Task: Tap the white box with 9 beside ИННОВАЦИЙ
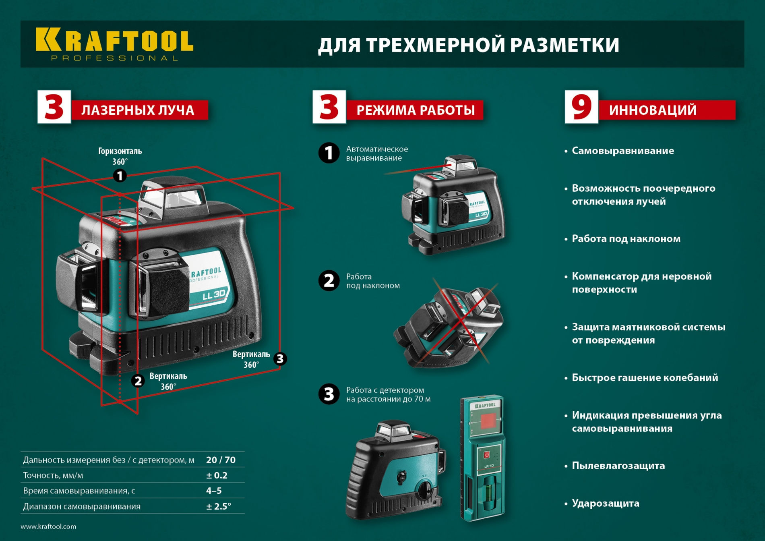pyautogui.click(x=581, y=107)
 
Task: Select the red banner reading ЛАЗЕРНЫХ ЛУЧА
pyautogui.click(x=139, y=110)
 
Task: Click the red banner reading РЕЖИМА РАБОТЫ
pyautogui.click(x=415, y=110)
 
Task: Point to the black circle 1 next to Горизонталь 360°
pyautogui.click(x=120, y=176)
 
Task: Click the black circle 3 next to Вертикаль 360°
pyautogui.click(x=280, y=359)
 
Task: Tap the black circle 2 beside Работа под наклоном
pyautogui.click(x=329, y=280)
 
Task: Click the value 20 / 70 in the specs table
pyautogui.click(x=221, y=460)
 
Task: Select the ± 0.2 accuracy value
pyautogui.click(x=217, y=475)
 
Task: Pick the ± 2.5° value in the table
pyautogui.click(x=219, y=506)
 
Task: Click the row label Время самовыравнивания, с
pyautogui.click(x=79, y=491)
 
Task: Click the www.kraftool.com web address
pyautogui.click(x=48, y=526)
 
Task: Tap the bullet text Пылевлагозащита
pyautogui.click(x=618, y=466)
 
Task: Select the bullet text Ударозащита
pyautogui.click(x=605, y=503)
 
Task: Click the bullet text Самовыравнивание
pyautogui.click(x=622, y=151)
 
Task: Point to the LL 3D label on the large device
pyautogui.click(x=214, y=295)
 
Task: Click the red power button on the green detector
pyautogui.click(x=486, y=455)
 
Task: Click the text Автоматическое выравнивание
pyautogui.click(x=376, y=153)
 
